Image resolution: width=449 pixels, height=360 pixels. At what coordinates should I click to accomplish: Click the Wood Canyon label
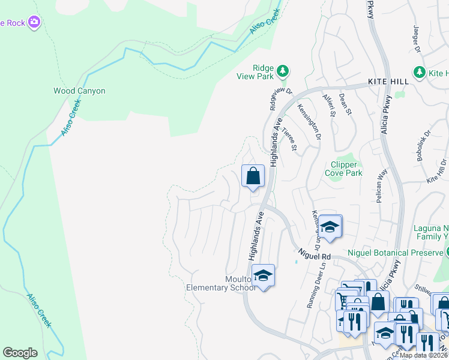(x=79, y=91)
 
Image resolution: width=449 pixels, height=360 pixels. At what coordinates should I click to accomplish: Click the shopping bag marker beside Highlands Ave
(x=253, y=176)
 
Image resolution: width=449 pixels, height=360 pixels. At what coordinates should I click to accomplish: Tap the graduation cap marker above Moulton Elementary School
(x=262, y=275)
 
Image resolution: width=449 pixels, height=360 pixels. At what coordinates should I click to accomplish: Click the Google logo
(x=20, y=353)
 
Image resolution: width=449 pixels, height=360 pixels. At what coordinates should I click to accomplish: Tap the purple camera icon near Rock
(x=35, y=23)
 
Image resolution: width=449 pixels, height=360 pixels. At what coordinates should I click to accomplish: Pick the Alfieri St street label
(x=329, y=104)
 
